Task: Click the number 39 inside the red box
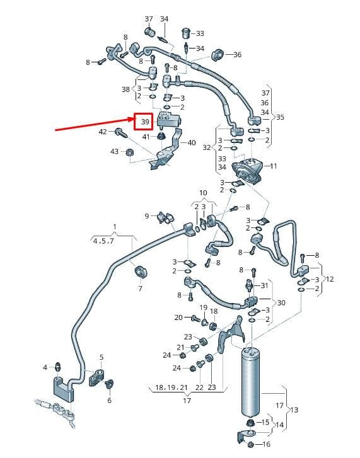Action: (x=145, y=122)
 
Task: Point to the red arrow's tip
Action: (x=134, y=118)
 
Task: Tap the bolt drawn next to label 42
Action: (x=122, y=134)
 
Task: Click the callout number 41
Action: (x=146, y=137)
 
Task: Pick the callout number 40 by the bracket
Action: (x=192, y=143)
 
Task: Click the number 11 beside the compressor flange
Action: (x=274, y=166)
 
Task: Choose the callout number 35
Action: (x=280, y=117)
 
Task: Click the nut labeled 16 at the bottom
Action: (x=250, y=445)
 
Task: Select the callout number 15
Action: (x=265, y=422)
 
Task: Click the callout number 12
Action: (x=330, y=279)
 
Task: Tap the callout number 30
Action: (x=281, y=302)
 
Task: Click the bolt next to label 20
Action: (x=195, y=318)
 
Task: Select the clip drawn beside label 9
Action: (x=166, y=217)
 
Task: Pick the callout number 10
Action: (x=203, y=193)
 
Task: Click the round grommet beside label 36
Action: (x=218, y=55)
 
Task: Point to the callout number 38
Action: (x=125, y=89)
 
